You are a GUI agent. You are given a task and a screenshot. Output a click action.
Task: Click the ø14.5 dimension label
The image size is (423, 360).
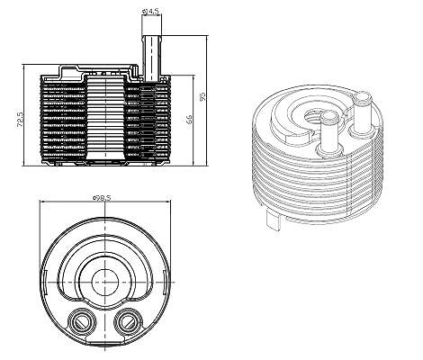pyautogui.click(x=150, y=11)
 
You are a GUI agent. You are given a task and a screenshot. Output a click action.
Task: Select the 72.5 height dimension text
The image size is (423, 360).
pyautogui.click(x=20, y=120)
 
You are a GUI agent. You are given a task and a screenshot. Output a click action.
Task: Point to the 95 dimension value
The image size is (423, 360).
pyautogui.click(x=202, y=97)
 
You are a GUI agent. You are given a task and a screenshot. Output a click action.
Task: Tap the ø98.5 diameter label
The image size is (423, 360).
pyautogui.click(x=102, y=197)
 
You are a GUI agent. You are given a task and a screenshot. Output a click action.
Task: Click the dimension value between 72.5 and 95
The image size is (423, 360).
pyautogui.click(x=189, y=120)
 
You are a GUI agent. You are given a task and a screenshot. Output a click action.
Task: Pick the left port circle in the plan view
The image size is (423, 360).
pyautogui.click(x=82, y=322)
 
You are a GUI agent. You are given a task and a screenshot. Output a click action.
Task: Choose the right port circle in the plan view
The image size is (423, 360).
pyautogui.click(x=128, y=322)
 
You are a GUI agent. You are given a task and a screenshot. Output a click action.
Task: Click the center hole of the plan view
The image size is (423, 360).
pyautogui.click(x=105, y=283)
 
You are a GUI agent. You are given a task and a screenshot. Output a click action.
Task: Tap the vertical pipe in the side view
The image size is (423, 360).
pyautogui.click(x=152, y=58)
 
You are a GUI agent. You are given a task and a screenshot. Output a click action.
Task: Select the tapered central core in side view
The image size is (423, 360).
pyautogui.click(x=105, y=118)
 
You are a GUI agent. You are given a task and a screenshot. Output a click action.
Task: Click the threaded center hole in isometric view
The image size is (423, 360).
pyautogui.click(x=313, y=115)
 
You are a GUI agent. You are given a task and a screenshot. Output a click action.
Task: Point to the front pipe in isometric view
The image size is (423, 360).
pyautogui.click(x=329, y=132)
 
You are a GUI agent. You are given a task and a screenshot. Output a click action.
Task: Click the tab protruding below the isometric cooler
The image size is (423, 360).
pyautogui.click(x=274, y=220)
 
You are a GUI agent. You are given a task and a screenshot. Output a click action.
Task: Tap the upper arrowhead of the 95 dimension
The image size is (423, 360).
pyautogui.click(x=207, y=38)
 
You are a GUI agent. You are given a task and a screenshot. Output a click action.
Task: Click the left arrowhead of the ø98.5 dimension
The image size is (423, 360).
pyautogui.click(x=43, y=202)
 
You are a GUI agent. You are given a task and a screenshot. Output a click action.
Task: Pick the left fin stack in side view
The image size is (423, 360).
pyautogui.click(x=63, y=119)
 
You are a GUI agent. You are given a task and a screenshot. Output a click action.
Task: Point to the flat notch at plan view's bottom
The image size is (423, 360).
pyautogui.click(x=105, y=342)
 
